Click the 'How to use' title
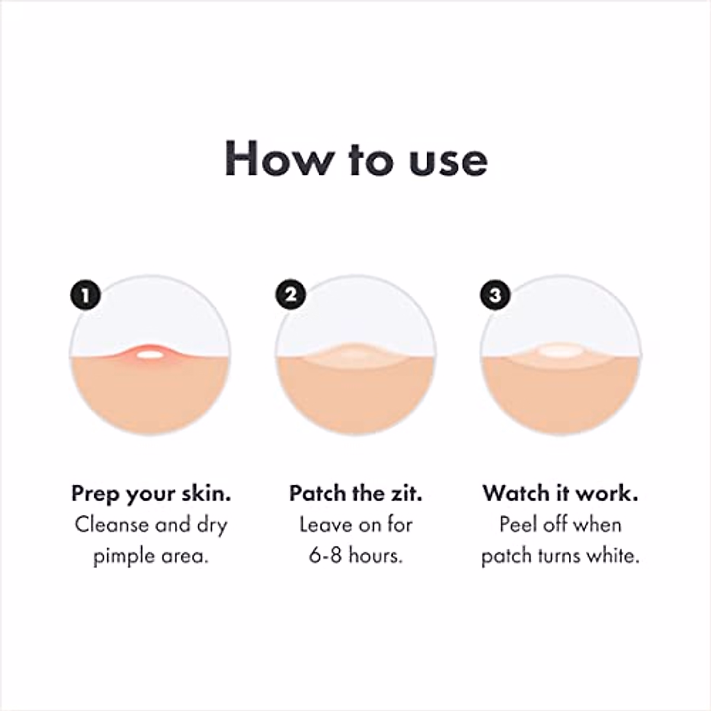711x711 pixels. pos(355,159)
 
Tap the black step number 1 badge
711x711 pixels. pos(86,294)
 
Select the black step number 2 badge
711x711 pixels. pos(291,294)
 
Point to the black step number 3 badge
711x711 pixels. pos(495,294)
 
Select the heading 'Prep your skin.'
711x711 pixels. pos(151,494)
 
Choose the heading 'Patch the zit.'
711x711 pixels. pos(355,494)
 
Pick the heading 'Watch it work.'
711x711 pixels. pos(561,494)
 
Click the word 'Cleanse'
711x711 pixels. pos(111,525)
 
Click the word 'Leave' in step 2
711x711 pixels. pos(326,525)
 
